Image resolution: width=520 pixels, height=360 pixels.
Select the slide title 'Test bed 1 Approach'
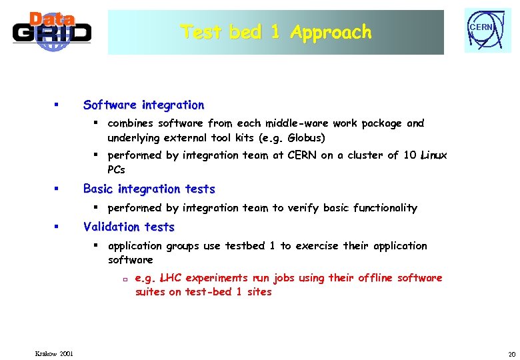275,32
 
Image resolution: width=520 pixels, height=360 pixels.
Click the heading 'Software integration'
143,105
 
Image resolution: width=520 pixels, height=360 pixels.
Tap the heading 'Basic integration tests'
149,189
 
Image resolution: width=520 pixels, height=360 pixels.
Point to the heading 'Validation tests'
129,227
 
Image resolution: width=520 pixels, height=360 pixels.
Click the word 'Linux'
434,155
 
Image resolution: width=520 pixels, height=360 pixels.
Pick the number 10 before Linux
411,155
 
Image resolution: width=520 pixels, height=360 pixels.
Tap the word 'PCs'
116,169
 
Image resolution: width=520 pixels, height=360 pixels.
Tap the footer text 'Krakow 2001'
55,353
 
